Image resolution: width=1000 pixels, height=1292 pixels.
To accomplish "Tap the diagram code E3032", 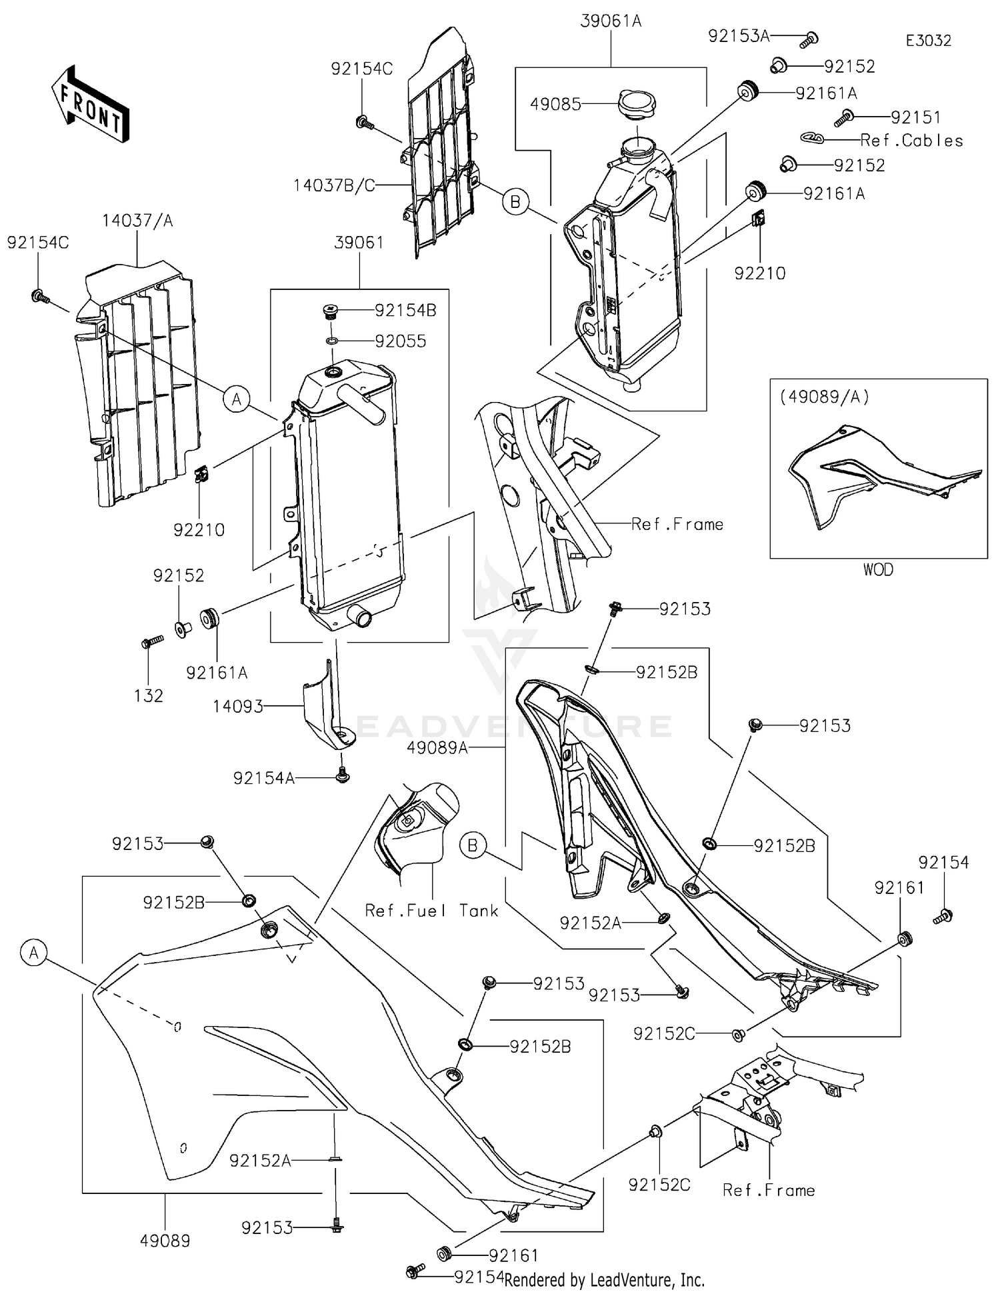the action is pyautogui.click(x=928, y=41).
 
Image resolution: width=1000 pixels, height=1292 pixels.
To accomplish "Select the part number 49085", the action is pyautogui.click(x=555, y=104).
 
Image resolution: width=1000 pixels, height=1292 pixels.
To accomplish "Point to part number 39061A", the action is pyautogui.click(x=611, y=21).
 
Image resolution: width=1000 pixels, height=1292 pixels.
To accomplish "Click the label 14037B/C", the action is pyautogui.click(x=334, y=185).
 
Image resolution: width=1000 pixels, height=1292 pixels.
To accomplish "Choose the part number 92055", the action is pyautogui.click(x=400, y=341).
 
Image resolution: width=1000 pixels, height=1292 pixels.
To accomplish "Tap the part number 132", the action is pyautogui.click(x=148, y=695).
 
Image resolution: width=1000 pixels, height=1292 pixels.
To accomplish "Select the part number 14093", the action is pyautogui.click(x=238, y=707).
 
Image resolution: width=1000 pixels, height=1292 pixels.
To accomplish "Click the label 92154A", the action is pyautogui.click(x=263, y=778).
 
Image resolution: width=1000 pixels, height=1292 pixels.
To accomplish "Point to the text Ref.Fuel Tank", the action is pyautogui.click(x=431, y=911).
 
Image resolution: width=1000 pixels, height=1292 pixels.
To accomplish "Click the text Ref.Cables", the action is pyautogui.click(x=911, y=141).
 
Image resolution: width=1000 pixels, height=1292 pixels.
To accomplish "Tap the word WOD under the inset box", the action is pyautogui.click(x=878, y=569).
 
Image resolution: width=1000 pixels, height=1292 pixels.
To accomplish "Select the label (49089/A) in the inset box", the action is pyautogui.click(x=824, y=397).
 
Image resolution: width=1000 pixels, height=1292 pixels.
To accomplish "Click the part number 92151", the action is pyautogui.click(x=916, y=117).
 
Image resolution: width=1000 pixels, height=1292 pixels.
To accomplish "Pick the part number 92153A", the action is pyautogui.click(x=739, y=36).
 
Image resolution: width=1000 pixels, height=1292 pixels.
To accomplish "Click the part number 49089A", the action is pyautogui.click(x=437, y=748).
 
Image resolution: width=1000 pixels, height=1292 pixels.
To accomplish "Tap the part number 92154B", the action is pyautogui.click(x=405, y=310).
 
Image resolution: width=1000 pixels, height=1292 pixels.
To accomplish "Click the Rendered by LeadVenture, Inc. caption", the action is pyautogui.click(x=605, y=1280).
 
